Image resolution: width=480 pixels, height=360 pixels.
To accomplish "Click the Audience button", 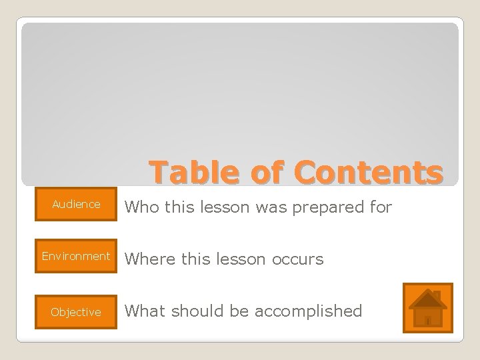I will [x=76, y=205].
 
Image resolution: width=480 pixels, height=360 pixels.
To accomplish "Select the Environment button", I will [x=76, y=257].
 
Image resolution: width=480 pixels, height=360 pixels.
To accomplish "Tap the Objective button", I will [x=76, y=312].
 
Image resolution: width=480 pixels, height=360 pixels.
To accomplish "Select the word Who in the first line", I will [x=141, y=208].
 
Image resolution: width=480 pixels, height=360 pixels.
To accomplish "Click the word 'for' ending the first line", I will [x=381, y=208].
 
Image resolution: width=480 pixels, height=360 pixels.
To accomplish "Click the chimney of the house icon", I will [x=436, y=295].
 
